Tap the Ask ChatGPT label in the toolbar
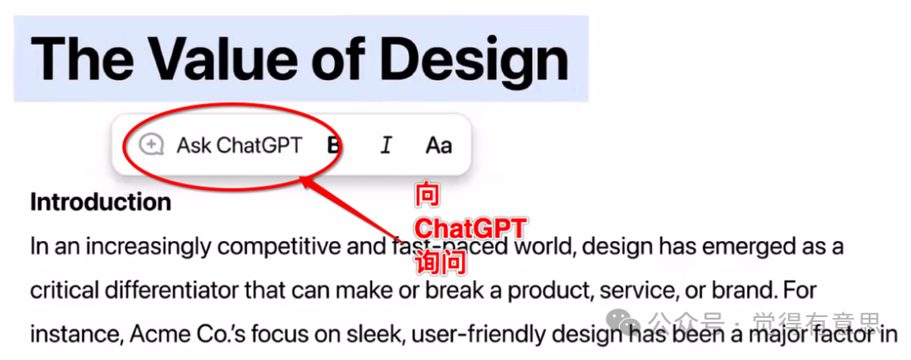(x=240, y=145)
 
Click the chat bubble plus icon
(x=151, y=145)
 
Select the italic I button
(x=385, y=145)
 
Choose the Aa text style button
(x=439, y=145)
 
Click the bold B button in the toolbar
(x=333, y=145)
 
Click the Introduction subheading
(x=100, y=202)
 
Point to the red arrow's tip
(x=301, y=180)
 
